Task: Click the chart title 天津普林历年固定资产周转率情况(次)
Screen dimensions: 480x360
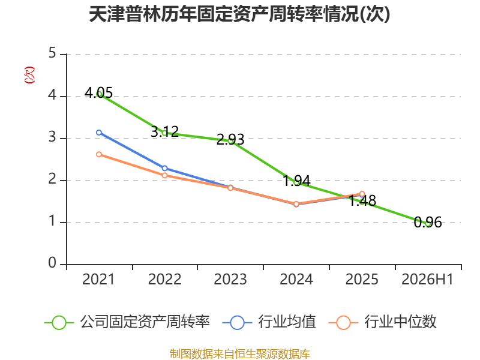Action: click(x=239, y=14)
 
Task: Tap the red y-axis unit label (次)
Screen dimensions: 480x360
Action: click(x=29, y=75)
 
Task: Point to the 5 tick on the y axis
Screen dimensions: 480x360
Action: click(x=52, y=53)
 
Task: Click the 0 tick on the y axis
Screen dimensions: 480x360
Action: click(x=52, y=263)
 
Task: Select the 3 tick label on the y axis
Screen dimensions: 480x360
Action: click(x=52, y=137)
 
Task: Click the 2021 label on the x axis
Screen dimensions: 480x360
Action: click(x=98, y=279)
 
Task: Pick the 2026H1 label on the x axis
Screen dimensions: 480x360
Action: click(x=427, y=279)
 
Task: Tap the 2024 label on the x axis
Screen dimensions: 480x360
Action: click(x=296, y=279)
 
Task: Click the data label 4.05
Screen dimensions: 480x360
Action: click(x=98, y=92)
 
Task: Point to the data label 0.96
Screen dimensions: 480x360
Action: click(x=428, y=222)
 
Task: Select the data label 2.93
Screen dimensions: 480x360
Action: click(x=230, y=140)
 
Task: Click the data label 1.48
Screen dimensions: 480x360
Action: click(x=362, y=201)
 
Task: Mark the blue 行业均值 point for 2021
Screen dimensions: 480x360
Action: click(x=99, y=133)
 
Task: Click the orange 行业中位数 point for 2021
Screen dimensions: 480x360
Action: click(x=99, y=154)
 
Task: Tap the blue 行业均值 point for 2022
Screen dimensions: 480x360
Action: click(x=164, y=168)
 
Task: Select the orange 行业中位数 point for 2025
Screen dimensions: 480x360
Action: click(x=362, y=194)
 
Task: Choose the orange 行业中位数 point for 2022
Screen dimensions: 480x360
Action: click(x=164, y=175)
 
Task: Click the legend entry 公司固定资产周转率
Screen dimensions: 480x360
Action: click(x=127, y=322)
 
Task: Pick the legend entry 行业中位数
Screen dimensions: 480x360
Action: click(x=383, y=322)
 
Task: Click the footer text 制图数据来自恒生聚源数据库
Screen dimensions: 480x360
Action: click(x=240, y=354)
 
